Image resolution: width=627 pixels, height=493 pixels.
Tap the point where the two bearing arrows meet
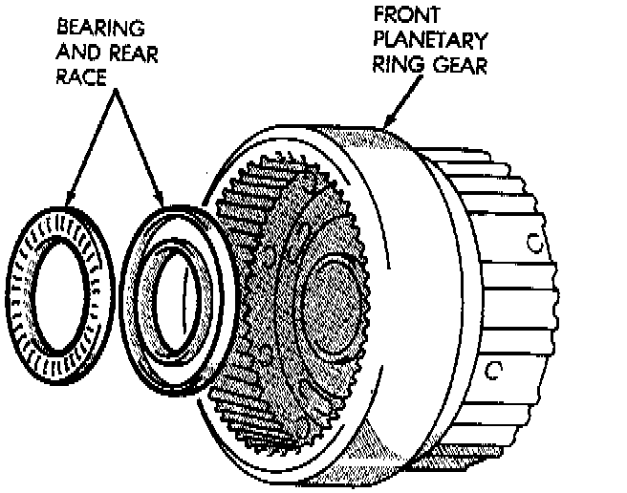pyautogui.click(x=114, y=95)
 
